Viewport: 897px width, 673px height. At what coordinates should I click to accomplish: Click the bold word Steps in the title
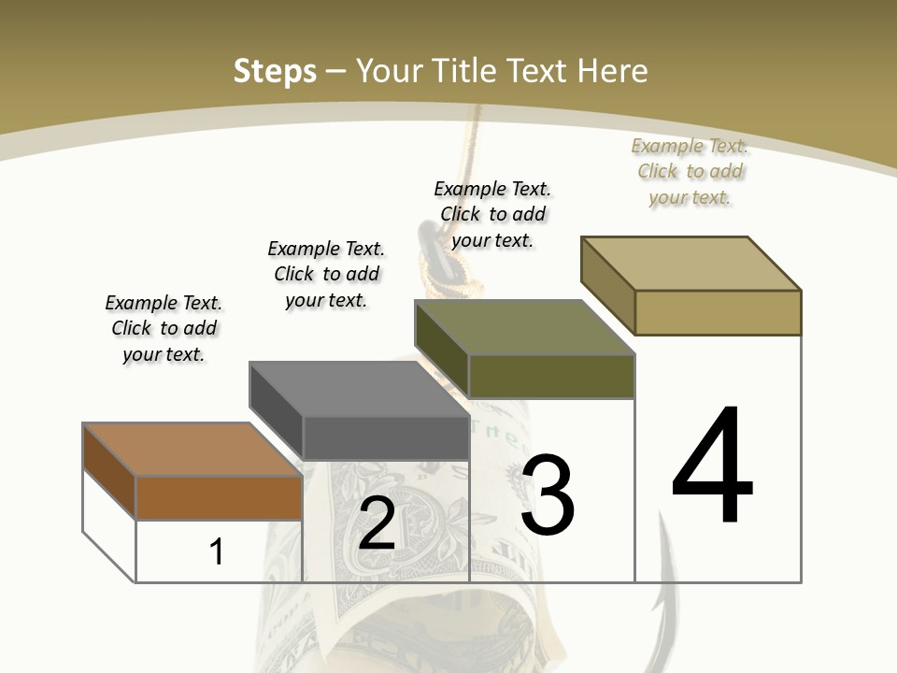[275, 71]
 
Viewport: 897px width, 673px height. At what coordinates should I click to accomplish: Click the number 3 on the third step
[548, 495]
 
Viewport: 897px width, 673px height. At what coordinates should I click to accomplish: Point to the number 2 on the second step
[377, 524]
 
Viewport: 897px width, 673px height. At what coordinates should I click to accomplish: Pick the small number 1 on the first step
[217, 551]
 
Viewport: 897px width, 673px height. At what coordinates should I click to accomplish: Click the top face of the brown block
[192, 450]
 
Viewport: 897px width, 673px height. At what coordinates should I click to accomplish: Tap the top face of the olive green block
[525, 327]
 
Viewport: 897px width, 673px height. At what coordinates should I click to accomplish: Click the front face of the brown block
[220, 497]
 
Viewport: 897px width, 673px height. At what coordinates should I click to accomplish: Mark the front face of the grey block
[386, 437]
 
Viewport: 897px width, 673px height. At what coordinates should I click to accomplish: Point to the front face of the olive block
[551, 376]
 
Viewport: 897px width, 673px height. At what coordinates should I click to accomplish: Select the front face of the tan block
[718, 312]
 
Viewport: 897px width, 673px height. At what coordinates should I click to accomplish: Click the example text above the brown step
[164, 328]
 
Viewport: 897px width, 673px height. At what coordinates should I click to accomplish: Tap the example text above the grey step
[326, 274]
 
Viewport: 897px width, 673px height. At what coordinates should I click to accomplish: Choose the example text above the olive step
[492, 214]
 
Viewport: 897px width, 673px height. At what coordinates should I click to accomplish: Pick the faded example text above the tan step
[690, 171]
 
